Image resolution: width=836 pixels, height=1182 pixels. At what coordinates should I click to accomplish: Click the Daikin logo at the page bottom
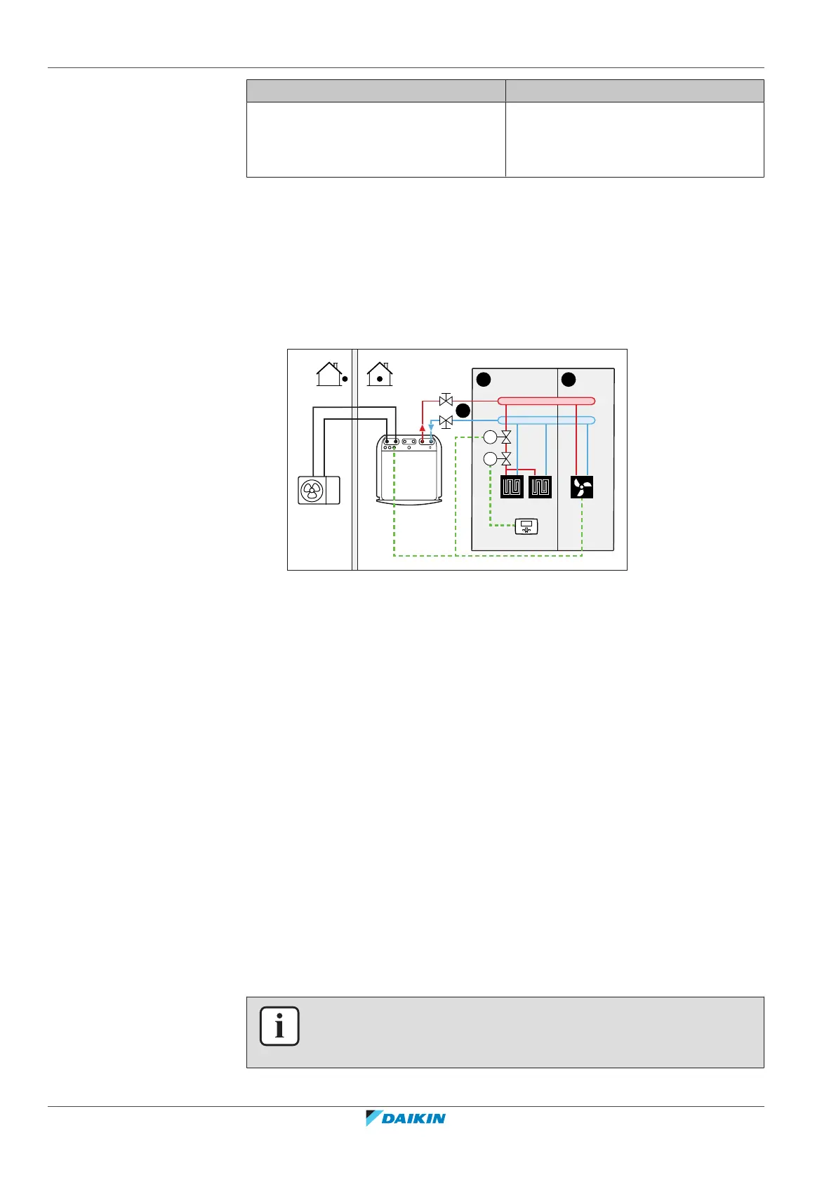click(406, 1118)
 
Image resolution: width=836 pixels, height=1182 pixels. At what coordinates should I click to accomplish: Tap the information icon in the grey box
click(279, 1026)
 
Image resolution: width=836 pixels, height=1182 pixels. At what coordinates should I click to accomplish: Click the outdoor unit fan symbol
click(312, 489)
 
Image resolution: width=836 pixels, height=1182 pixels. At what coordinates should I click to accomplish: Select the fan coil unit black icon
click(582, 487)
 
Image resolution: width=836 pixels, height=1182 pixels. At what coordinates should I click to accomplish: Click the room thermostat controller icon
click(526, 526)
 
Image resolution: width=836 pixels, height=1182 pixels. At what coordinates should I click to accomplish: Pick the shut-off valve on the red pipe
click(445, 401)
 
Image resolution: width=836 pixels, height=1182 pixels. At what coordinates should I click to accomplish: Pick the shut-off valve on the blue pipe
click(445, 421)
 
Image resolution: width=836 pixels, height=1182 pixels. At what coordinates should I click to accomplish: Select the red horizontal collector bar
click(546, 401)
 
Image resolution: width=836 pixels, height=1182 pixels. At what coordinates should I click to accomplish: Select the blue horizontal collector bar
click(546, 420)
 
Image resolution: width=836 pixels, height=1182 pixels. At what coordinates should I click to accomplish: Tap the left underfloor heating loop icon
click(512, 487)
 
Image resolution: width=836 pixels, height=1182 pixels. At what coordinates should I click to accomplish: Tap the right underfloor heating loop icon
click(540, 487)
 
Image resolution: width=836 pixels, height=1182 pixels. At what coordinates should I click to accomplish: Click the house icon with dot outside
click(331, 374)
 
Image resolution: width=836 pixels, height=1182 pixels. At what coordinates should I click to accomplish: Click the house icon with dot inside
click(380, 374)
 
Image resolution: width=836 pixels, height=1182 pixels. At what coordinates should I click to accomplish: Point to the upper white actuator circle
click(490, 438)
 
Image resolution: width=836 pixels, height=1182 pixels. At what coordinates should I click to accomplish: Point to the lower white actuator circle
click(490, 459)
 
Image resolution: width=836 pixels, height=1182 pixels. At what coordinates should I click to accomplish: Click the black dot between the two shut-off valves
click(462, 411)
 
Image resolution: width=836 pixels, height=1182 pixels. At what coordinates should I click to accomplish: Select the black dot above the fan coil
click(569, 380)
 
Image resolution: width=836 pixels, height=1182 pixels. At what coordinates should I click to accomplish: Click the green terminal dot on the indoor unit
click(394, 447)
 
